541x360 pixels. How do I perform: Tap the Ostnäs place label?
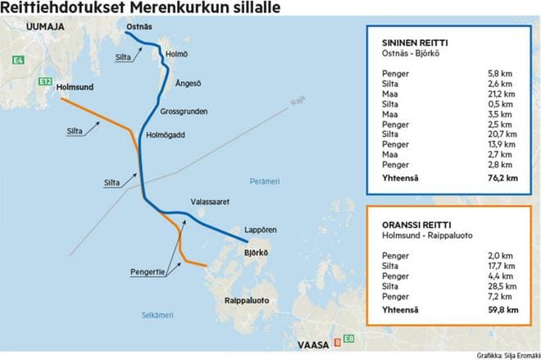tap(139, 27)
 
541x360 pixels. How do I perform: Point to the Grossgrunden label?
tap(184, 112)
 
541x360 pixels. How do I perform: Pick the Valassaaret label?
tap(209, 199)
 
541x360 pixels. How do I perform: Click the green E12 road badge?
tap(45, 82)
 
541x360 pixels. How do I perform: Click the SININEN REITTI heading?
tap(415, 43)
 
